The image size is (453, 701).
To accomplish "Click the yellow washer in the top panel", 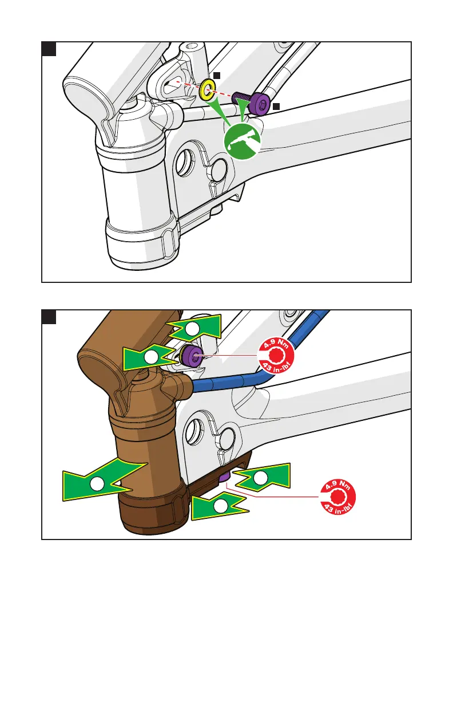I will [206, 89].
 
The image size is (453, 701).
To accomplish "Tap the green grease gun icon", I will [241, 140].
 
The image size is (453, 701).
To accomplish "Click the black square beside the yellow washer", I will [217, 75].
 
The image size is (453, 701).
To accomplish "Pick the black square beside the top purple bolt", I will [276, 107].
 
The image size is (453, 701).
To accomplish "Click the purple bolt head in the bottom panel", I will [192, 356].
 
